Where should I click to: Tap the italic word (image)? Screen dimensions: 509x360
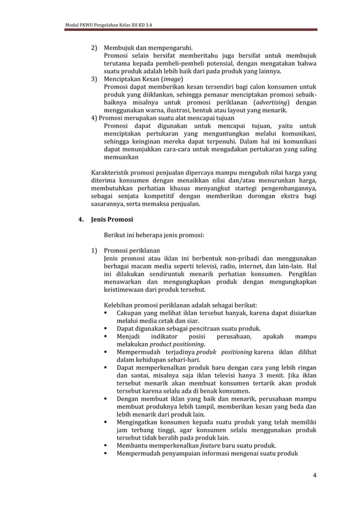pos(168,80)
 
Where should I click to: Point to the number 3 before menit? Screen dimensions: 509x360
pos(258,376)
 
